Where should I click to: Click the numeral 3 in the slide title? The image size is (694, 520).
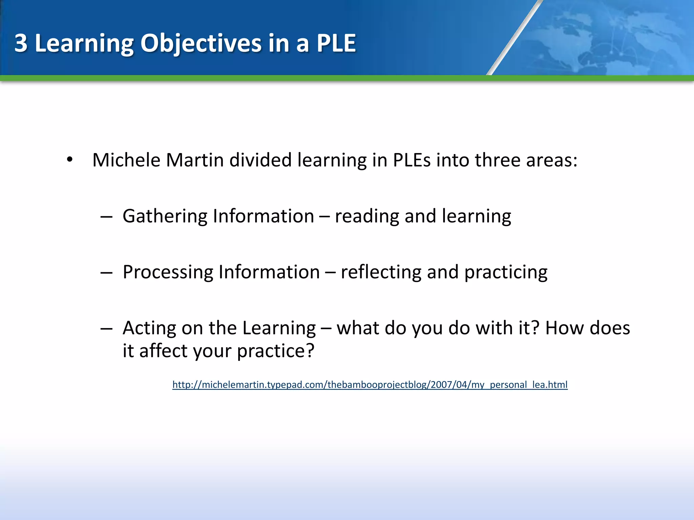21,43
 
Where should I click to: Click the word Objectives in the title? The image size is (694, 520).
201,43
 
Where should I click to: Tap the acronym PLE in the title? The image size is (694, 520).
336,43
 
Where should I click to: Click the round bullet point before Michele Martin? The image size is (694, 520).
70,159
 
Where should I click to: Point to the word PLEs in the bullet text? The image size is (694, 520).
411,160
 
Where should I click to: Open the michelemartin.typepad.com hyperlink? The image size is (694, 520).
370,385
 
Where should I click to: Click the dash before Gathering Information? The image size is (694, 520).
106,217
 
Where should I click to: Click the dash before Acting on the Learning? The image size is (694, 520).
106,328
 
